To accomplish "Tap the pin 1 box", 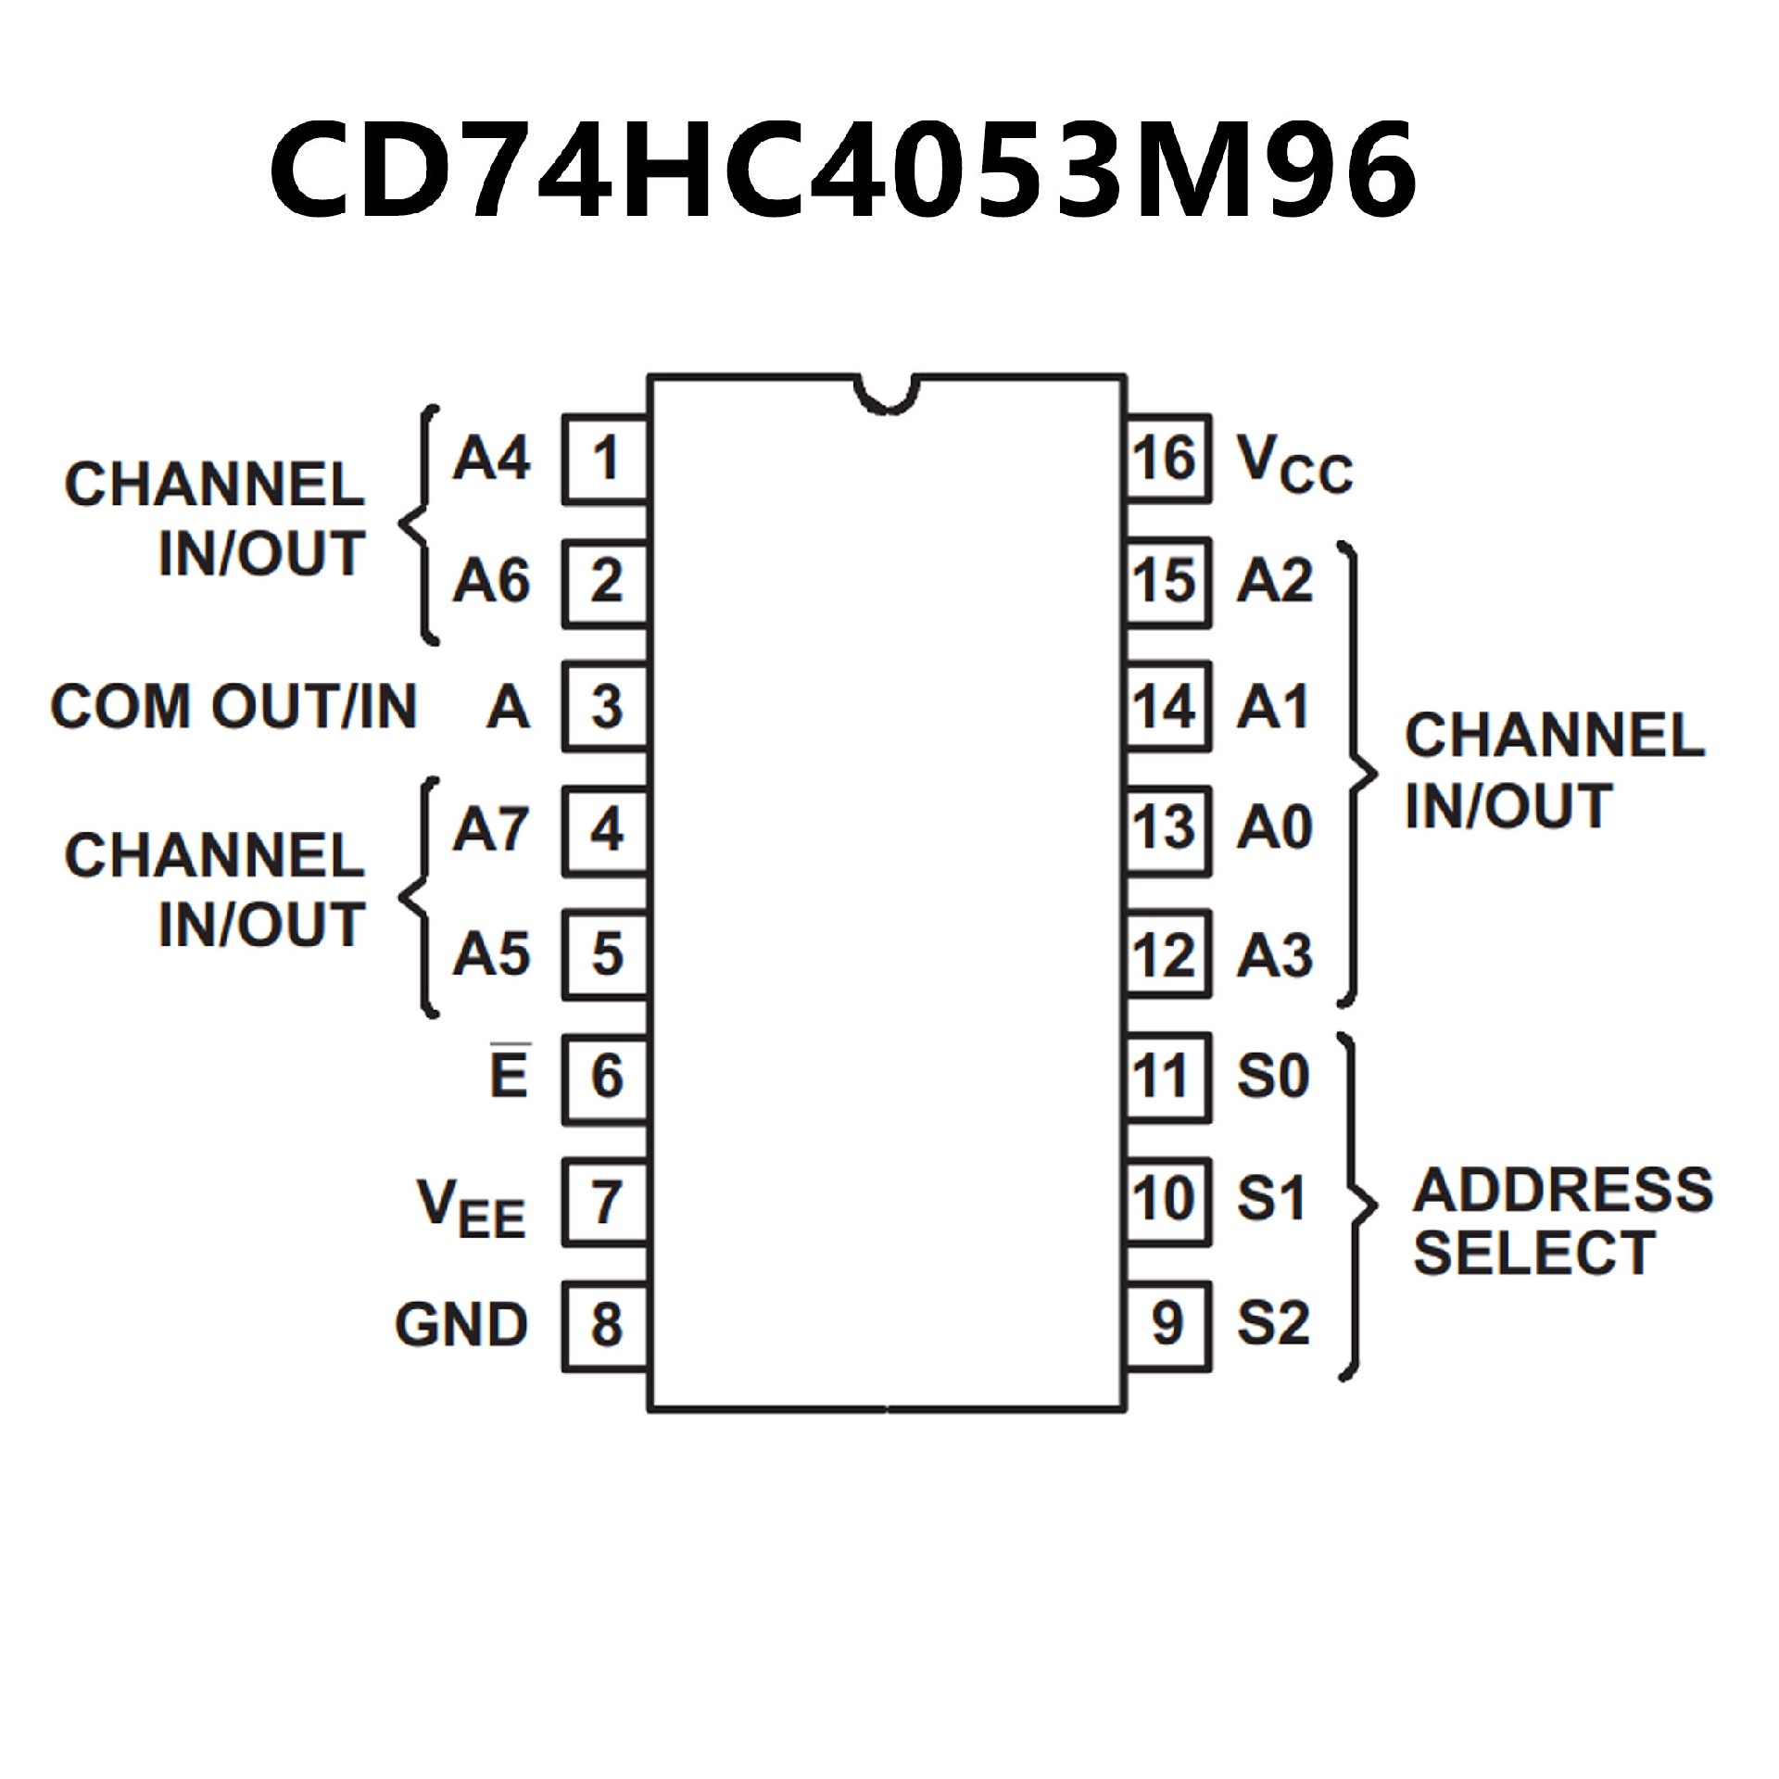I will (x=605, y=460).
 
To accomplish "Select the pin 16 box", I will (x=1168, y=460).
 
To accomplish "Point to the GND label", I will (x=461, y=1324).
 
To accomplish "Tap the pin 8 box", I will (x=605, y=1325).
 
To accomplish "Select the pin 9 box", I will (x=1168, y=1325).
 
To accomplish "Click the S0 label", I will (x=1273, y=1077).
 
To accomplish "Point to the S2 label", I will (x=1273, y=1324).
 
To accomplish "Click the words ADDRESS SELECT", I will (x=1562, y=1221).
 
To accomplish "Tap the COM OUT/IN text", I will (x=234, y=706).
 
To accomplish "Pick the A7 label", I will (x=491, y=829).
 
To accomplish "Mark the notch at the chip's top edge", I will (x=888, y=393).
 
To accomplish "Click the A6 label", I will (x=491, y=582).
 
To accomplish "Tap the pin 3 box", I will (x=605, y=706).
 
